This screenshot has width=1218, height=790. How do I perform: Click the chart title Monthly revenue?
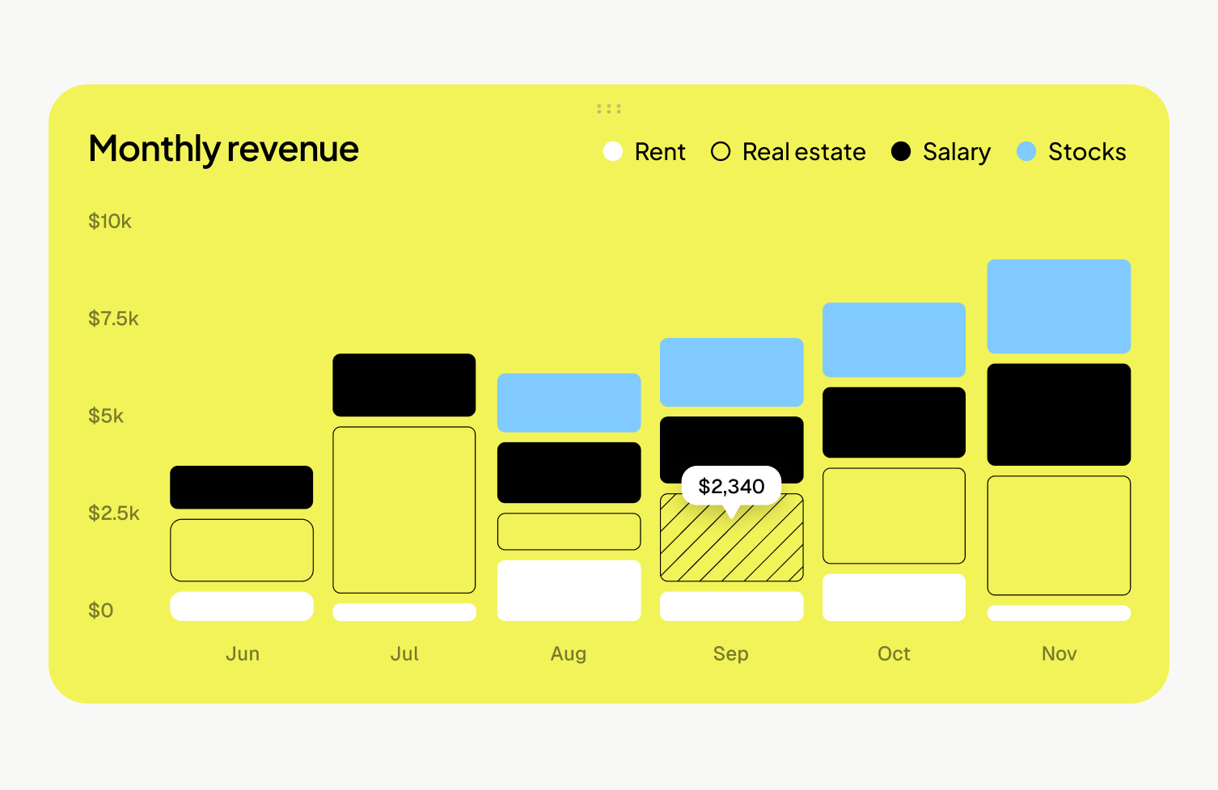[x=223, y=150]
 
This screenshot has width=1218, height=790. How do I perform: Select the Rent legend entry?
[x=645, y=152]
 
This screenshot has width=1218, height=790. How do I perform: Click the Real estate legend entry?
[x=788, y=152]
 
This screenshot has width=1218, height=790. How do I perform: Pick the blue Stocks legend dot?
[x=1026, y=151]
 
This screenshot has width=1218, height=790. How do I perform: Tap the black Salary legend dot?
[x=900, y=151]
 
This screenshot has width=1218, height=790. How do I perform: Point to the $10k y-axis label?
[x=110, y=222]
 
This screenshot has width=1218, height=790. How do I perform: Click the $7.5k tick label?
[x=113, y=319]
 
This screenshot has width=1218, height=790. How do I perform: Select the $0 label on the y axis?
[x=101, y=610]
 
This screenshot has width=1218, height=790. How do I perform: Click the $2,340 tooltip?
[x=731, y=486]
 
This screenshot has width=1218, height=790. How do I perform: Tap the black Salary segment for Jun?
[x=241, y=487]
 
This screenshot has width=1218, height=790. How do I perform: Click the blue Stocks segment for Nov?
[x=1059, y=306]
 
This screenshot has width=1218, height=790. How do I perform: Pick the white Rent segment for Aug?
[x=569, y=590]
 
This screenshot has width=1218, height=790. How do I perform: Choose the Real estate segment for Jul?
[x=404, y=509]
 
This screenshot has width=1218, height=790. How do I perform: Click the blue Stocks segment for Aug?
[x=569, y=402]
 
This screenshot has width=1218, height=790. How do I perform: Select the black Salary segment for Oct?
[x=894, y=422]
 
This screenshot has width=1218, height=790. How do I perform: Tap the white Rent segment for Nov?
[x=1059, y=613]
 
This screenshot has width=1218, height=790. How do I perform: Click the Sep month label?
[x=731, y=653]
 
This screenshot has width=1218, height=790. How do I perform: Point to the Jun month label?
[x=243, y=653]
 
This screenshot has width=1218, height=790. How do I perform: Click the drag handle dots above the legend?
[x=609, y=108]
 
